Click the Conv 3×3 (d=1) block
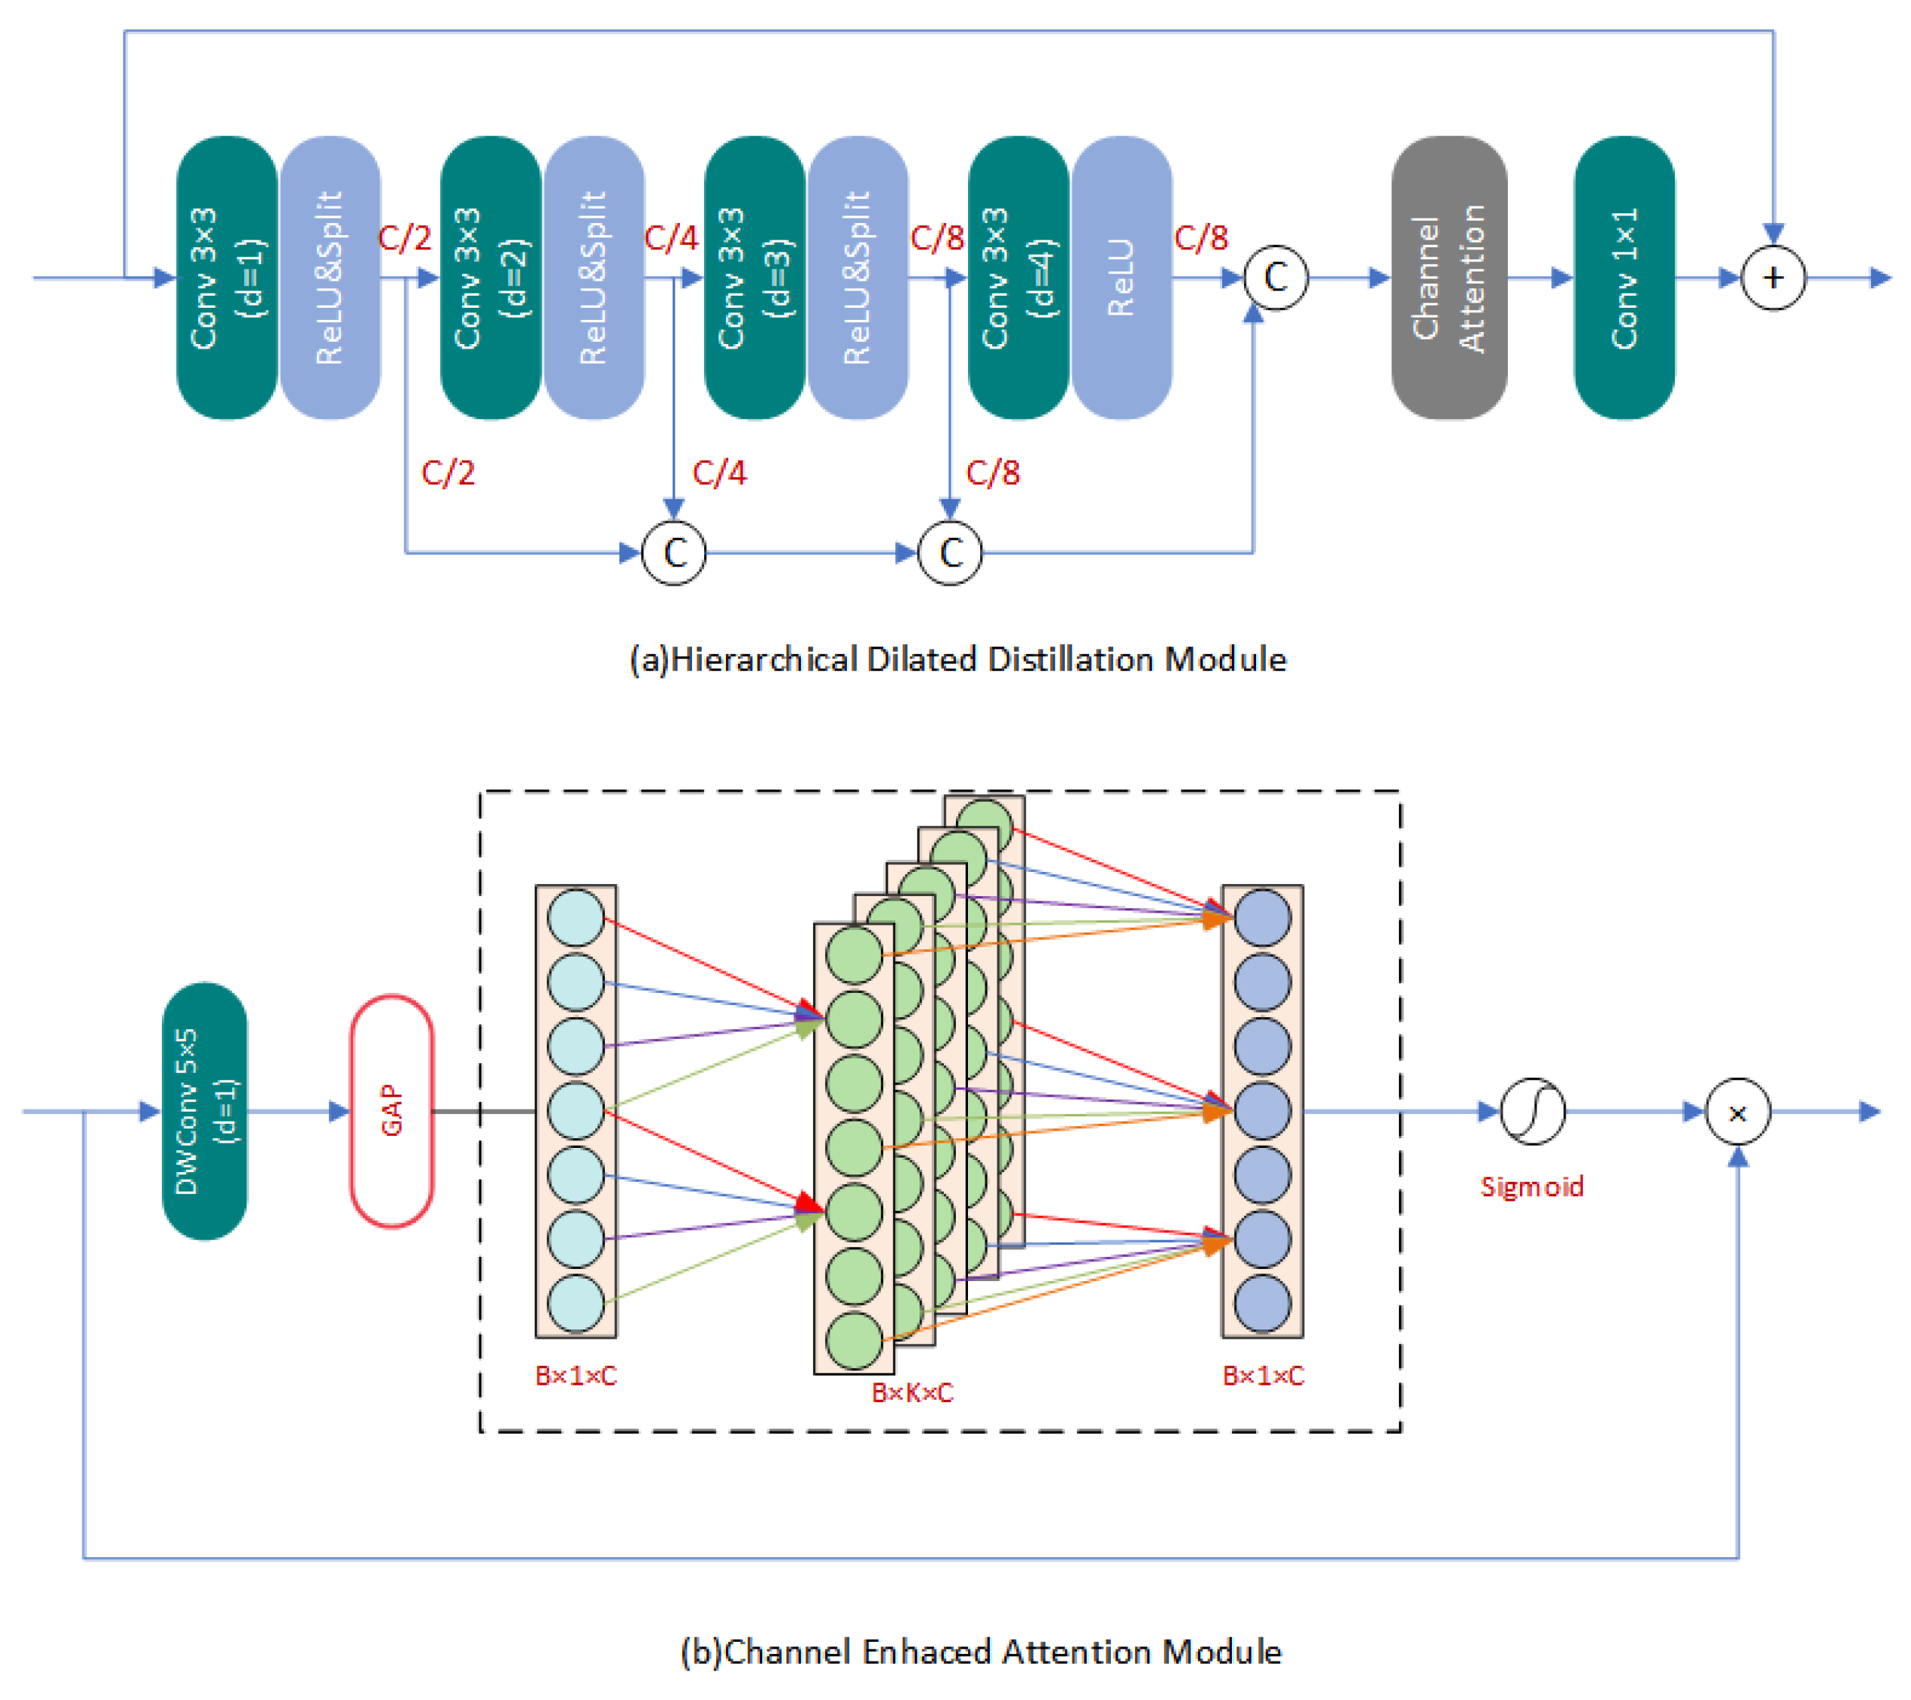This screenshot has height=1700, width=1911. point(226,278)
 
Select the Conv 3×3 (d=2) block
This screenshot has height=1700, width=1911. point(490,278)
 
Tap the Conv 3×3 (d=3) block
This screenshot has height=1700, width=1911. point(753,278)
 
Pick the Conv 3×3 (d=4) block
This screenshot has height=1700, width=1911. point(1018,278)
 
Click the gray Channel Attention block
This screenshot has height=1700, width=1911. point(1448,278)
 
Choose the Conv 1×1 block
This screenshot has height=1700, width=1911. point(1624,278)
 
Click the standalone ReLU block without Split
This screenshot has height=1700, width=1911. point(1121,278)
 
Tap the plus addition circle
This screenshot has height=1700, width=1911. point(1773,278)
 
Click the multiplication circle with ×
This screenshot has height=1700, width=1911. point(1737,1112)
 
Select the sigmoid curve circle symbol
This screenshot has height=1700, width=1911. point(1532,1112)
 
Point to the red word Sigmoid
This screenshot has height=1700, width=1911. point(1531,1187)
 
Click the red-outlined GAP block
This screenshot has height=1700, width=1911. point(392,1111)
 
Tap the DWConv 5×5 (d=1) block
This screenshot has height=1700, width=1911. point(205,1111)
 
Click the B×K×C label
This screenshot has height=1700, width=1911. point(911,1392)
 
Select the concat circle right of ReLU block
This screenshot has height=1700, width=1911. point(1275,278)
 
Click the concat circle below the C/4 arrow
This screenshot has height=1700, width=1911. point(674,553)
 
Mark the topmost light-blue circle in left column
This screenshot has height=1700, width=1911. point(575,917)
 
